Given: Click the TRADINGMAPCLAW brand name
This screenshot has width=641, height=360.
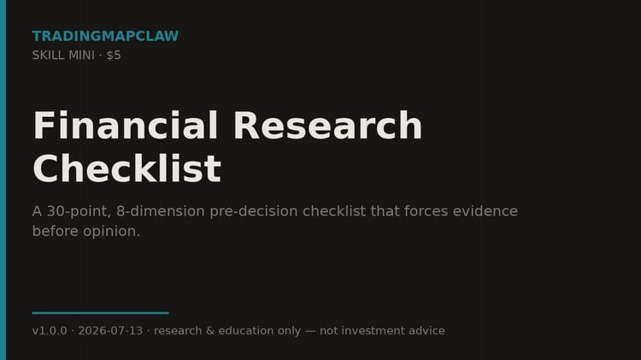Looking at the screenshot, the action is (x=105, y=36).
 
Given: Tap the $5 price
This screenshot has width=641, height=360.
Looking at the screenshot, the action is (x=114, y=56).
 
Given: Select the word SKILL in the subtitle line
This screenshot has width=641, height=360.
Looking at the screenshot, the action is (x=46, y=56).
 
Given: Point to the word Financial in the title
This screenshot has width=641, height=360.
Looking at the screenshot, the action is (x=126, y=126).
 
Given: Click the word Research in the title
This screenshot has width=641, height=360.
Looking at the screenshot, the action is (x=328, y=126).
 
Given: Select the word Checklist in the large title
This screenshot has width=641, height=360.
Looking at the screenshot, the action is (x=127, y=168).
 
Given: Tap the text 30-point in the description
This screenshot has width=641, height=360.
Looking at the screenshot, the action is (x=79, y=211).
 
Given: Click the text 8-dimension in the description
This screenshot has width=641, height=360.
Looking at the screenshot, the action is (x=161, y=211).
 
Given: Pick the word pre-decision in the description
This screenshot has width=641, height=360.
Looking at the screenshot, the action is (x=254, y=211).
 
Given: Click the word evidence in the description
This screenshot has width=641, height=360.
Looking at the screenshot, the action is (x=485, y=211).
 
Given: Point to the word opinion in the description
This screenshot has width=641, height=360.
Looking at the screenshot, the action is (x=111, y=232).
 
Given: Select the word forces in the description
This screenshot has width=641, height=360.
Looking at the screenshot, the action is (x=426, y=211).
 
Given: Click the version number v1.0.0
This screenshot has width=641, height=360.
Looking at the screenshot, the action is (x=50, y=331).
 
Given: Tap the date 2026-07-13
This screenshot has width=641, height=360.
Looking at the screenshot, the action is (x=110, y=331).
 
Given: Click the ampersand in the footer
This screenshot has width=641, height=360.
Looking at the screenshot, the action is (x=210, y=331).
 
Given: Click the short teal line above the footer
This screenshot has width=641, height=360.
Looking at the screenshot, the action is (x=100, y=313).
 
